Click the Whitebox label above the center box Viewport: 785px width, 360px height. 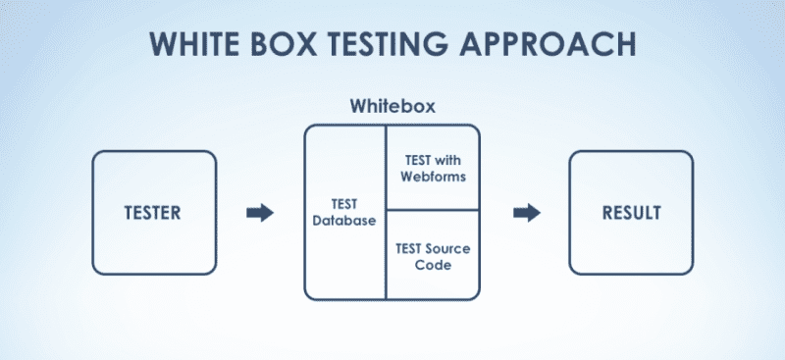(392, 105)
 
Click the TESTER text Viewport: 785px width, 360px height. (153, 212)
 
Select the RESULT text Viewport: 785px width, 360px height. (631, 212)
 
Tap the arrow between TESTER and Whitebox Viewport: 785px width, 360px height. (259, 212)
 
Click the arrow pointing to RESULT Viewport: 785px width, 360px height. (527, 212)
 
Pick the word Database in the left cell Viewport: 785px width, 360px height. (344, 221)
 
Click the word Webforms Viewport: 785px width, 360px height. (433, 177)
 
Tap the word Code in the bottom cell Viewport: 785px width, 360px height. (433, 265)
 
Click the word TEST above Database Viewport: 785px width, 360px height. (343, 204)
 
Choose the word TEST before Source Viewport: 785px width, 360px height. (412, 248)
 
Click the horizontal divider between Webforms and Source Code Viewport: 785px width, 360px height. (433, 210)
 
